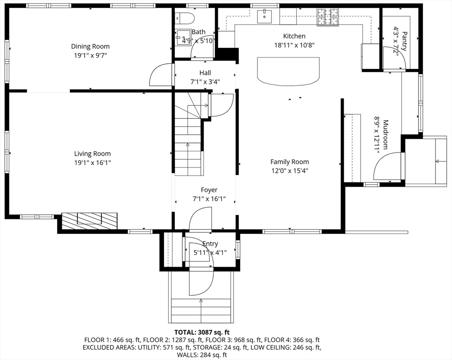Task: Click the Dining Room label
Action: coord(90,46)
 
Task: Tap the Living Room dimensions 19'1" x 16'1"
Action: coord(92,163)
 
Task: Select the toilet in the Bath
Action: coord(185,18)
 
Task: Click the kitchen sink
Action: coord(264,16)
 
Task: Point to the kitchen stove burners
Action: coord(328,17)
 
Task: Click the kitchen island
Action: coord(288,71)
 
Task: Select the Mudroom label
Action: coord(385,135)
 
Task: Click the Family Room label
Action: coord(289,162)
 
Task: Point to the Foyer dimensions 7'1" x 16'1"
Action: coord(209,199)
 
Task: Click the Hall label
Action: coord(205,73)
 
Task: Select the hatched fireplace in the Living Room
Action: coord(90,221)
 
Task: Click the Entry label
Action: coord(210,244)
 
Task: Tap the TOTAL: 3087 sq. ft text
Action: coord(202,332)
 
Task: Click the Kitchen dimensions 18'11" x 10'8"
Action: coord(294,45)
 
